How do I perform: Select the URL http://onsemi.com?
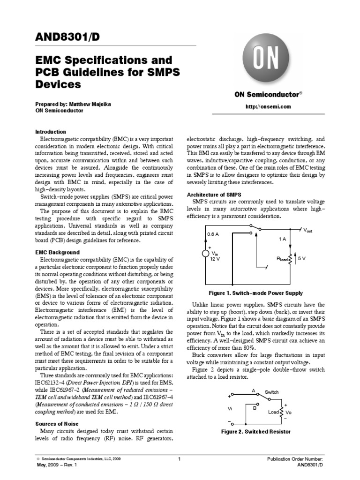coord(268,106)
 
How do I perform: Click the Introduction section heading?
coord(51,132)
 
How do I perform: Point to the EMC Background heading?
coord(58,252)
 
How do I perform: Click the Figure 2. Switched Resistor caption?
coord(255,431)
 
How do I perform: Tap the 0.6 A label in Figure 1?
coord(213,234)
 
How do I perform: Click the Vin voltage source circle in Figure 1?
coord(206,254)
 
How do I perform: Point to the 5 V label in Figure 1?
coord(301,258)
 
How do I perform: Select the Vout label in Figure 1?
coord(307,230)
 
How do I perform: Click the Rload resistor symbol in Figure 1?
coord(290,258)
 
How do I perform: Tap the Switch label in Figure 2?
coord(271,391)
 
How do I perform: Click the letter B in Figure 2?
coord(255,408)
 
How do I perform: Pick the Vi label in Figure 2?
coord(230,408)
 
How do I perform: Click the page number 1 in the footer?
coord(180,459)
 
